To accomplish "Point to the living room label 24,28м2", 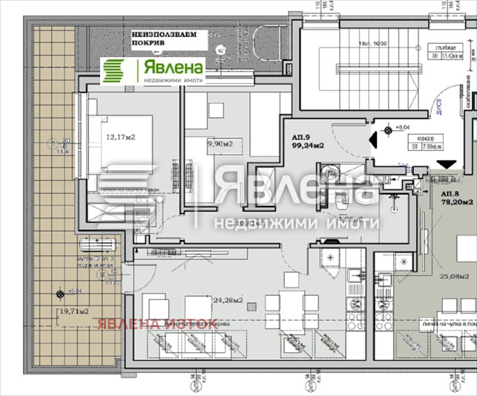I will point(227,301).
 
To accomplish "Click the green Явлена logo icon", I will point(114,71).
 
